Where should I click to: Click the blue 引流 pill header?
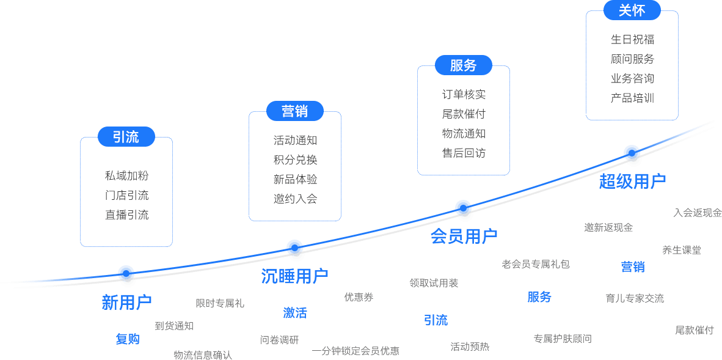click(x=126, y=137)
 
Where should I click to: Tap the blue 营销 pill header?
click(x=294, y=111)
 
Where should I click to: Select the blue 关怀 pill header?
click(x=632, y=10)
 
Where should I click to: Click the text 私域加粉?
click(x=126, y=176)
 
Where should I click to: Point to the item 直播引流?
click(x=126, y=215)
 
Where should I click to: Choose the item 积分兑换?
click(x=295, y=160)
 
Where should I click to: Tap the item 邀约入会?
click(x=295, y=199)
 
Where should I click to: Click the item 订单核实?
click(x=464, y=95)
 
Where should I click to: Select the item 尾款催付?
click(x=464, y=114)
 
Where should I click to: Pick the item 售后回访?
click(x=464, y=153)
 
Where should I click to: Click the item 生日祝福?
click(x=632, y=40)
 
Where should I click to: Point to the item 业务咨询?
click(x=632, y=79)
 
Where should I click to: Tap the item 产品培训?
click(x=632, y=98)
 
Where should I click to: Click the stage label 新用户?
click(x=126, y=302)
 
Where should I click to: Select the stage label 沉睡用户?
click(x=294, y=276)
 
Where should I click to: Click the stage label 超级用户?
click(x=632, y=182)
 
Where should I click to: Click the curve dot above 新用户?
click(x=126, y=273)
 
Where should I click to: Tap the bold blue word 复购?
click(x=128, y=339)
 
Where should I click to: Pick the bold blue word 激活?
click(x=295, y=313)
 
